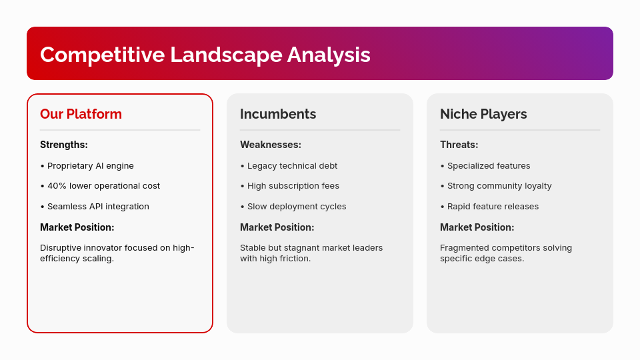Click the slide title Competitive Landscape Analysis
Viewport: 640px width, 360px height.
[x=205, y=55]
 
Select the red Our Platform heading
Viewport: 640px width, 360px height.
[x=81, y=114]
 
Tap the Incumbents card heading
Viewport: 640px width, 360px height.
[x=278, y=114]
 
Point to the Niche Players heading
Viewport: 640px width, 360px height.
[x=483, y=114]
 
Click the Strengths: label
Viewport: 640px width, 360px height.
[x=64, y=145]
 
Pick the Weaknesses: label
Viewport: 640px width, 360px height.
[x=271, y=145]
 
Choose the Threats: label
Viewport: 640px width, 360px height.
[x=459, y=145]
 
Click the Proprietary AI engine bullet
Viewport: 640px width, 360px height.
[x=90, y=166]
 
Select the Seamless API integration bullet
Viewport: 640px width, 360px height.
[x=97, y=207]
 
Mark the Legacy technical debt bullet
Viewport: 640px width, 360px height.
[x=292, y=166]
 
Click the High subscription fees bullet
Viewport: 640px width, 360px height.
[x=293, y=186]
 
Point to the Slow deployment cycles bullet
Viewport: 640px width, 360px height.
[x=296, y=207]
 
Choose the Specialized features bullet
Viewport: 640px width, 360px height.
[x=488, y=166]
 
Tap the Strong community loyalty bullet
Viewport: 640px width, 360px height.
[x=499, y=186]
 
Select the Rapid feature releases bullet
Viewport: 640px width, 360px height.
[x=492, y=207]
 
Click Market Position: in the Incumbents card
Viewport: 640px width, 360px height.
[x=277, y=227]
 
